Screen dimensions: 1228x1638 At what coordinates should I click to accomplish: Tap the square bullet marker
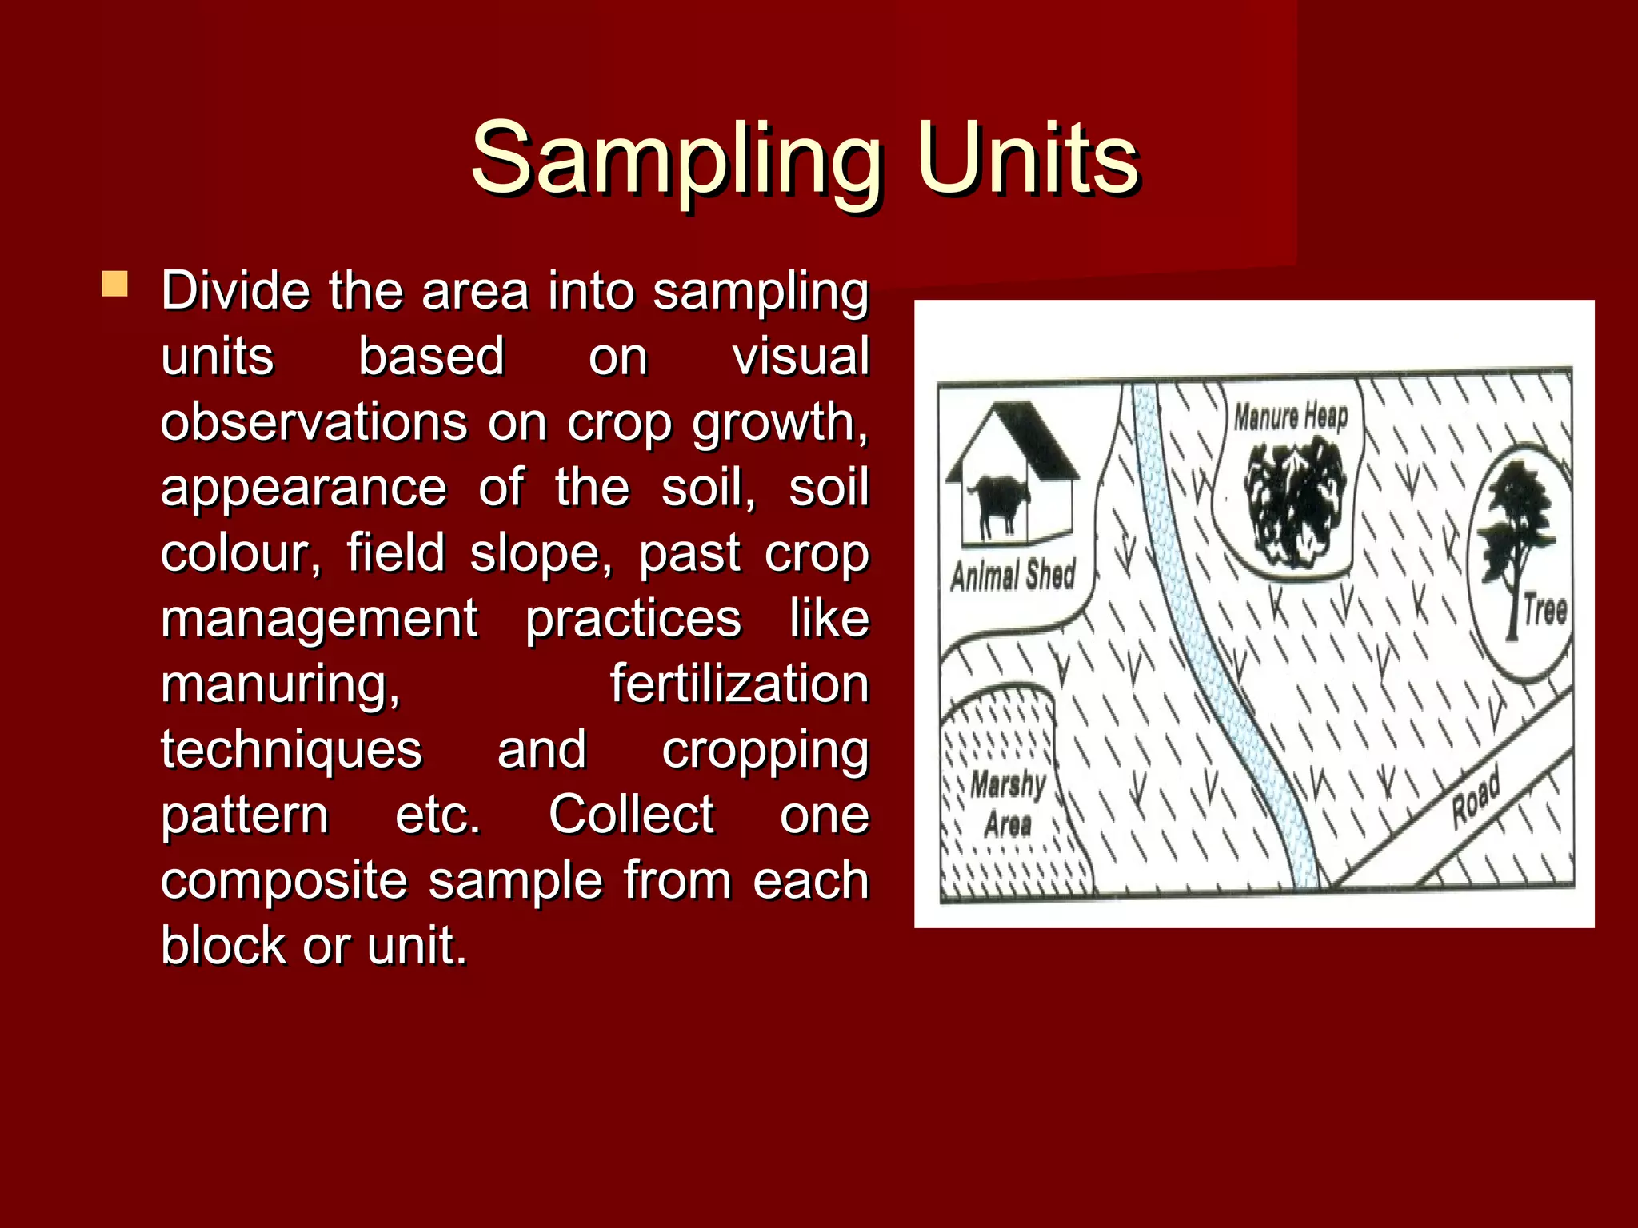point(115,285)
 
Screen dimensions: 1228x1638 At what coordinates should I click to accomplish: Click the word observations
point(314,422)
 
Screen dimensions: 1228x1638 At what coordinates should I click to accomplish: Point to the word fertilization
point(739,684)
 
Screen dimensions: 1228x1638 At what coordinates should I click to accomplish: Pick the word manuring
point(280,686)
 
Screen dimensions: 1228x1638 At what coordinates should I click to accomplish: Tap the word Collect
point(631,815)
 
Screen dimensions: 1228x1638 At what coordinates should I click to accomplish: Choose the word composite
point(284,881)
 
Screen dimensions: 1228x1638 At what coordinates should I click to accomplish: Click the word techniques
point(291,750)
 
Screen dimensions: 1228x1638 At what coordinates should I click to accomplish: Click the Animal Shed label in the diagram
point(1013,574)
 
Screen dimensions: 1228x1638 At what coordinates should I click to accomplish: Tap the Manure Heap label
point(1290,417)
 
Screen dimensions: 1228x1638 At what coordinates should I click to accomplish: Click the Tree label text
point(1544,609)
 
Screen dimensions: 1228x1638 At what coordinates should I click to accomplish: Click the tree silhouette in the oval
point(1514,536)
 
